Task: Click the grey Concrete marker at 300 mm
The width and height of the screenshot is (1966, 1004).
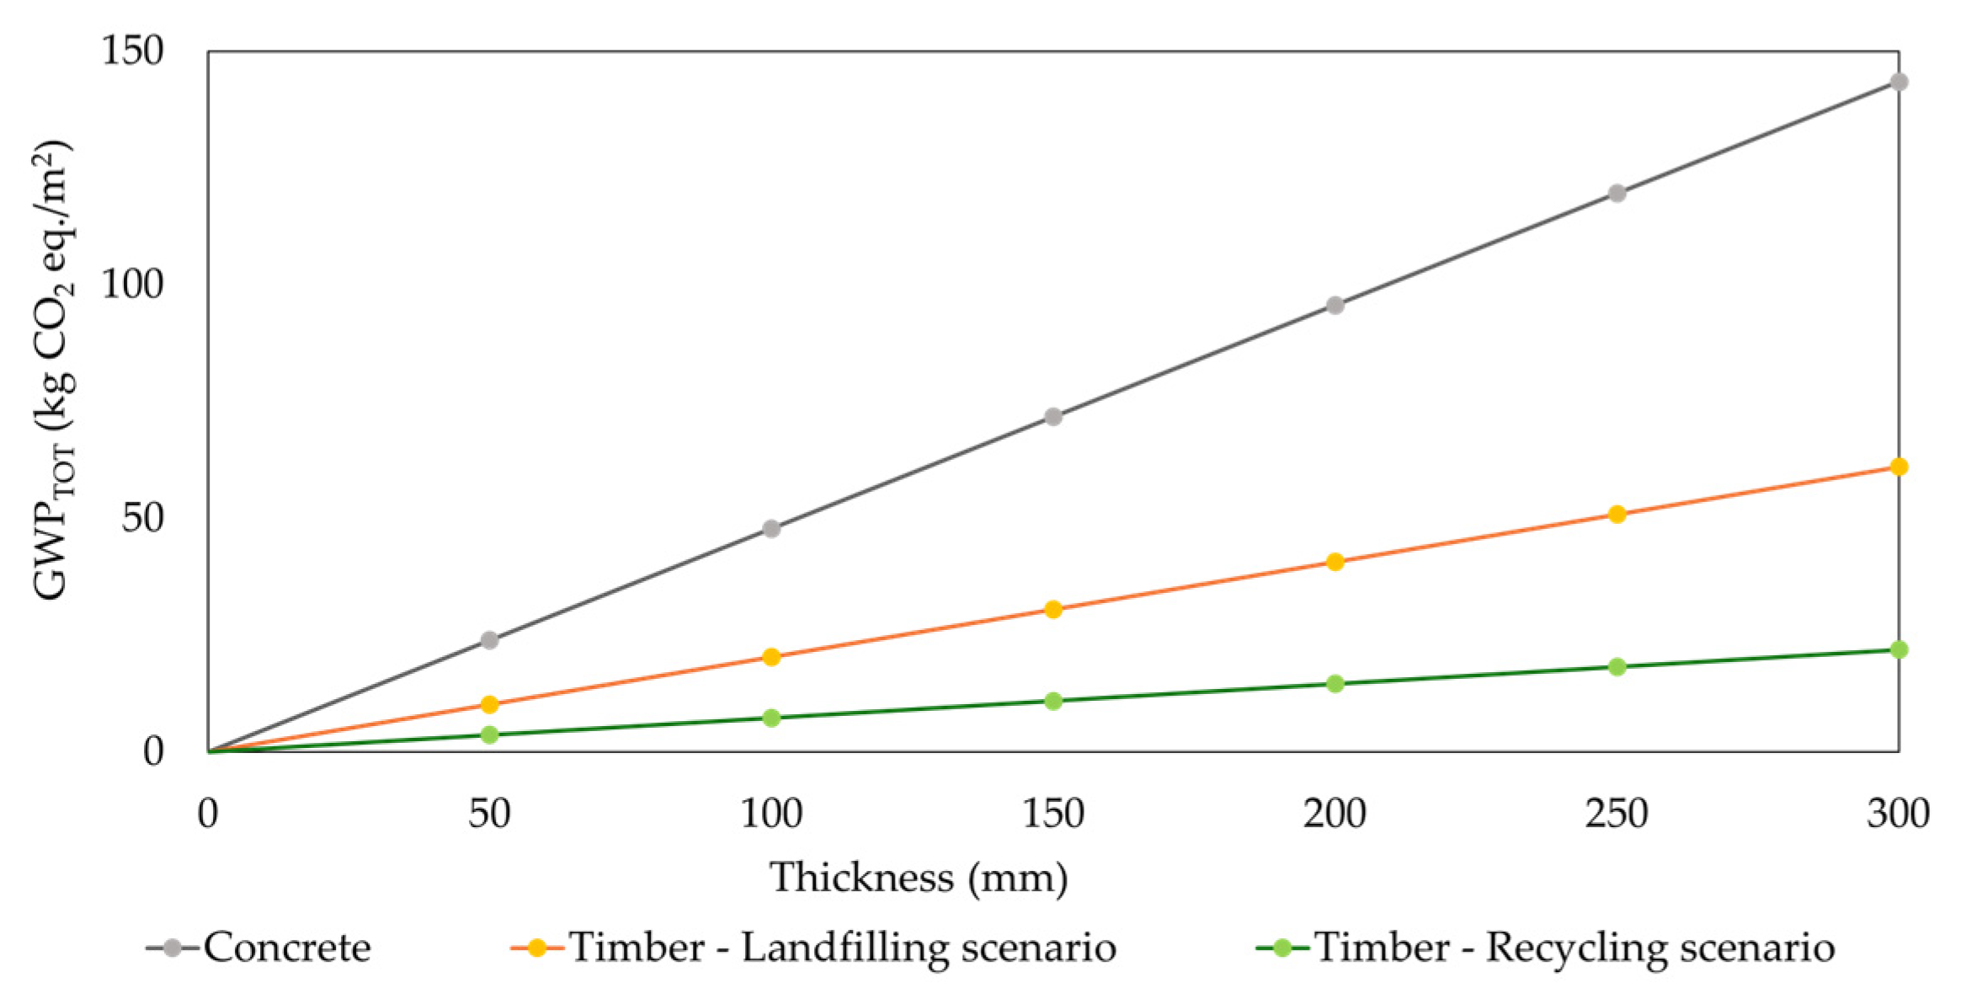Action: point(1899,82)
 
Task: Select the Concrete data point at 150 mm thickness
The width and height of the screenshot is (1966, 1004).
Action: point(1052,416)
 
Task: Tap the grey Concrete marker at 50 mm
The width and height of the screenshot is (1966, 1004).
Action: point(489,640)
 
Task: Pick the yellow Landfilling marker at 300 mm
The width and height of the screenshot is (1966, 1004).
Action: point(1899,467)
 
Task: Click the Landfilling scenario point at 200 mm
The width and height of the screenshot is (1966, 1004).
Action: point(1335,562)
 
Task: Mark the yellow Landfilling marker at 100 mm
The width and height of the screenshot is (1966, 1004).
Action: point(771,657)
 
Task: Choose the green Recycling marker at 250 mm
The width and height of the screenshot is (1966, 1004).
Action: point(1617,667)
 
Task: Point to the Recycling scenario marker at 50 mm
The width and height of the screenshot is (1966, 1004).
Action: point(489,734)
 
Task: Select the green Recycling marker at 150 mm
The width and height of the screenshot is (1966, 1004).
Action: point(1052,701)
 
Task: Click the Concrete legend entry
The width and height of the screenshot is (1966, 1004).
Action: point(286,948)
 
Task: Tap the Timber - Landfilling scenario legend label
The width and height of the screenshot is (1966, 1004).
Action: point(842,948)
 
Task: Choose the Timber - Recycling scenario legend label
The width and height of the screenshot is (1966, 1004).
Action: point(1574,948)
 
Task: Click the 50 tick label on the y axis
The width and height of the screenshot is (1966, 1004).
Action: point(141,517)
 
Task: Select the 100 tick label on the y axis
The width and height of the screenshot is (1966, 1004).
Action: point(132,284)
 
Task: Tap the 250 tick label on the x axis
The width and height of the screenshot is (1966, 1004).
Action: point(1617,814)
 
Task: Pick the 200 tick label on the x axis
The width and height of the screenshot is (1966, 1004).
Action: point(1335,814)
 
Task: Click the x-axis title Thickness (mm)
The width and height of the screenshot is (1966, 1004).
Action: point(919,878)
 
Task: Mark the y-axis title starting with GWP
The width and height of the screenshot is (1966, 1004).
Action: point(54,371)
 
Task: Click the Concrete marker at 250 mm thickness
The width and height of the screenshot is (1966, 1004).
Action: point(1617,193)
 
